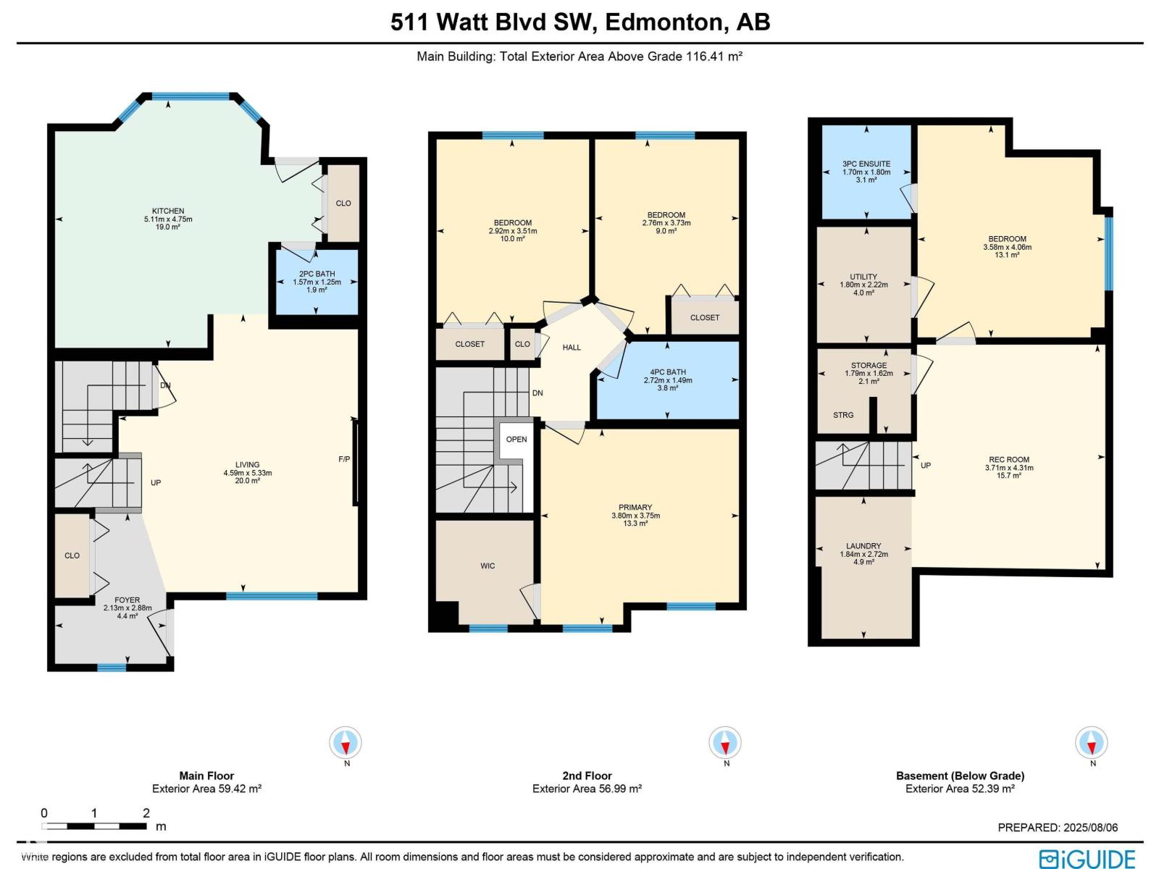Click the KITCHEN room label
[168, 211]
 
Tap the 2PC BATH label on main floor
[317, 274]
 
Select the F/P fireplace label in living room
[344, 459]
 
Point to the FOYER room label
[127, 600]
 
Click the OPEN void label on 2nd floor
[516, 439]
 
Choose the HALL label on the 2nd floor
[572, 347]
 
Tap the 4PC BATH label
[668, 372]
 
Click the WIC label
[488, 566]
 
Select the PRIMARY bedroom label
[635, 507]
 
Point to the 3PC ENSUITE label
[866, 164]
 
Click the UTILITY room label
[863, 277]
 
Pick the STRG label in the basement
[843, 415]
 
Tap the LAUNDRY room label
[863, 546]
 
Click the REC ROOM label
[1009, 460]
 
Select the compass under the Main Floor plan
[346, 742]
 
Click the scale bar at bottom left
[94, 826]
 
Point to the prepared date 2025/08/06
[1091, 827]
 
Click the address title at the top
[579, 22]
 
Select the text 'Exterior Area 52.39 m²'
[960, 789]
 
